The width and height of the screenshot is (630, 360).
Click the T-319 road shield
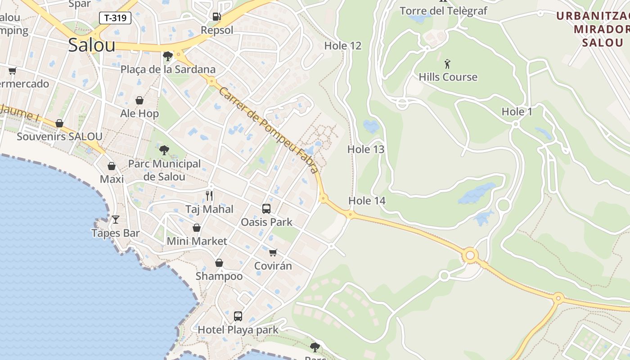(x=115, y=18)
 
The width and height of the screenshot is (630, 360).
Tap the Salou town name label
(x=92, y=45)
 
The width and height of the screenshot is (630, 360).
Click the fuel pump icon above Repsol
(x=216, y=17)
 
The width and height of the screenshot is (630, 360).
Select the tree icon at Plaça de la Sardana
(x=168, y=56)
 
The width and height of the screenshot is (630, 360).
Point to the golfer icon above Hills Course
(x=447, y=64)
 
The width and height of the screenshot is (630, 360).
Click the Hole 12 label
(x=343, y=46)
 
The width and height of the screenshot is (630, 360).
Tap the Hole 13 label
(x=366, y=149)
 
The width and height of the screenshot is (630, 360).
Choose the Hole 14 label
(x=367, y=201)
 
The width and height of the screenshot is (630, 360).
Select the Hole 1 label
(x=517, y=112)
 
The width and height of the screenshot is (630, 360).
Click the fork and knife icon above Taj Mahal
(x=209, y=195)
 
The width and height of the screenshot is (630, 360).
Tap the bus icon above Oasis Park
(x=266, y=208)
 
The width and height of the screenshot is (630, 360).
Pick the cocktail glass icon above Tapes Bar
(x=116, y=219)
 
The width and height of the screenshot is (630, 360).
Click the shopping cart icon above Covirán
(x=273, y=252)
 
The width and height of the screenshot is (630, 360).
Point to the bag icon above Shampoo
(x=219, y=263)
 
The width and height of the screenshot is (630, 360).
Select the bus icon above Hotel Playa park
(x=238, y=316)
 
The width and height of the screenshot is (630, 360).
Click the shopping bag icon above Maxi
(x=112, y=166)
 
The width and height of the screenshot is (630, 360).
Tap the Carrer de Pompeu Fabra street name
(x=269, y=130)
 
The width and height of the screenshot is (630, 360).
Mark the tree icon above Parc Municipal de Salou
(x=164, y=150)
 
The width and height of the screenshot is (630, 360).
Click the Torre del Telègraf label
(x=443, y=11)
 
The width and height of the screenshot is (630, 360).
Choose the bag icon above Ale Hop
(x=139, y=100)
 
